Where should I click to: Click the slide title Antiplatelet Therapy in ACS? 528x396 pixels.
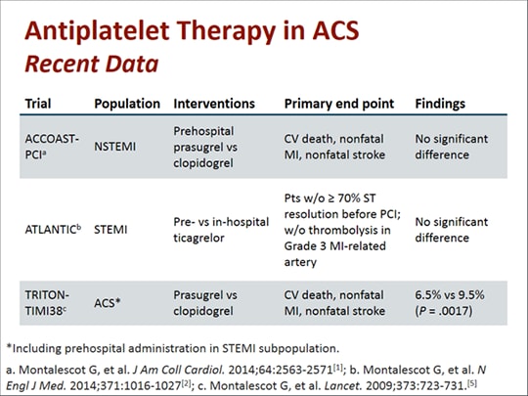pyautogui.click(x=192, y=31)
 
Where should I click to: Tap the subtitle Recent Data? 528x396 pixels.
pyautogui.click(x=92, y=64)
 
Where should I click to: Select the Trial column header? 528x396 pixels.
pyautogui.click(x=38, y=104)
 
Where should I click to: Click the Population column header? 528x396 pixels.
pyautogui.click(x=127, y=104)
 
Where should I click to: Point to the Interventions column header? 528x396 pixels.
pyautogui.click(x=214, y=104)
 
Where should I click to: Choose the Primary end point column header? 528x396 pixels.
pyautogui.click(x=339, y=104)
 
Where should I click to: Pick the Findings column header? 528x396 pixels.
pyautogui.click(x=440, y=104)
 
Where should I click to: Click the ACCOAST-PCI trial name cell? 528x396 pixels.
pyautogui.click(x=52, y=147)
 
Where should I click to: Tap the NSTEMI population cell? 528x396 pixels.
pyautogui.click(x=115, y=147)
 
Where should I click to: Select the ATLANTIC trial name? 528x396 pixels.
pyautogui.click(x=53, y=230)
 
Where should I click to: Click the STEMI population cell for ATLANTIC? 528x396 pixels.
pyautogui.click(x=110, y=230)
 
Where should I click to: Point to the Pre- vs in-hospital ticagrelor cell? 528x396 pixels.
pyautogui.click(x=221, y=230)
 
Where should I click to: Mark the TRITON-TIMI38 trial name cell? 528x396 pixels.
pyautogui.click(x=47, y=303)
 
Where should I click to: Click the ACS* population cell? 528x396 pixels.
pyautogui.click(x=108, y=303)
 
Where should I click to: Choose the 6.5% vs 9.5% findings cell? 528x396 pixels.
pyautogui.click(x=450, y=303)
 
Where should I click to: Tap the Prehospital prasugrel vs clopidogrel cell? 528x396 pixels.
pyautogui.click(x=205, y=147)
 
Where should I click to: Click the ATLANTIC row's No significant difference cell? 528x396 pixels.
pyautogui.click(x=451, y=230)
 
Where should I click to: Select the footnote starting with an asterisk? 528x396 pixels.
pyautogui.click(x=173, y=348)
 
